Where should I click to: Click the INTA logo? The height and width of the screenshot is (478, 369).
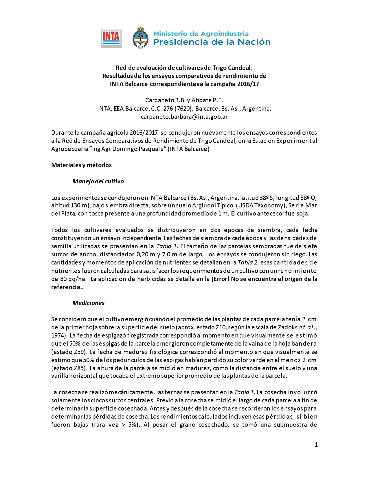(x=111, y=39)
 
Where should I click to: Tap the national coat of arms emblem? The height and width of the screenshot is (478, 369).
(x=140, y=39)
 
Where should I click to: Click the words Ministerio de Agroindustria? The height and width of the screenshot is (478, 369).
(x=201, y=34)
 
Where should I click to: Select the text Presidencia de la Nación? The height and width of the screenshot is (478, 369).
(x=212, y=42)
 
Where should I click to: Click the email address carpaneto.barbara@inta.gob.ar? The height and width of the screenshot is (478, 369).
(x=184, y=117)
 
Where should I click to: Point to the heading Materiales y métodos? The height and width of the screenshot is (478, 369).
(x=81, y=165)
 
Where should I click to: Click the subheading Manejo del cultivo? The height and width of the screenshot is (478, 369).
(x=98, y=181)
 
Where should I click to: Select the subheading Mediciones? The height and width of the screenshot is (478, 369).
(x=88, y=303)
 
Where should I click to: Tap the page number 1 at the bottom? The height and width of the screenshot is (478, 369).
(x=316, y=445)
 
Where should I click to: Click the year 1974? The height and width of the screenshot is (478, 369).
(x=58, y=335)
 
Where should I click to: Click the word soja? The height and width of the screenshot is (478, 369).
(x=303, y=214)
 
